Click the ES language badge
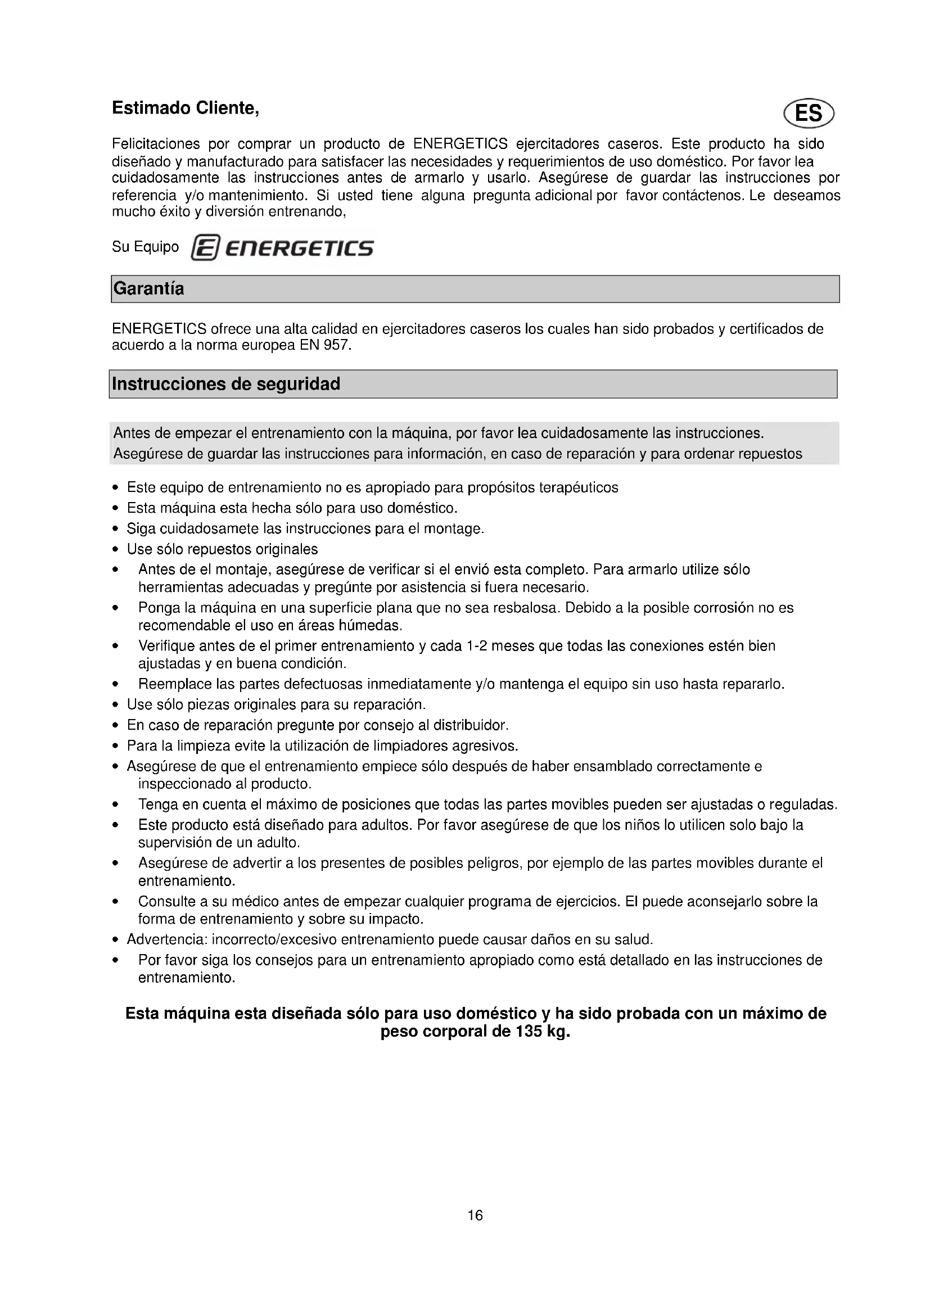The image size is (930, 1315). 808,114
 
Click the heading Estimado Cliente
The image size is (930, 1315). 186,109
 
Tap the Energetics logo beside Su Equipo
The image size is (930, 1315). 282,248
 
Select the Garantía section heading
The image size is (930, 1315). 149,288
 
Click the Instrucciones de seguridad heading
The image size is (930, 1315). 225,384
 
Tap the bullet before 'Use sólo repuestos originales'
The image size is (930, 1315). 116,550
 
